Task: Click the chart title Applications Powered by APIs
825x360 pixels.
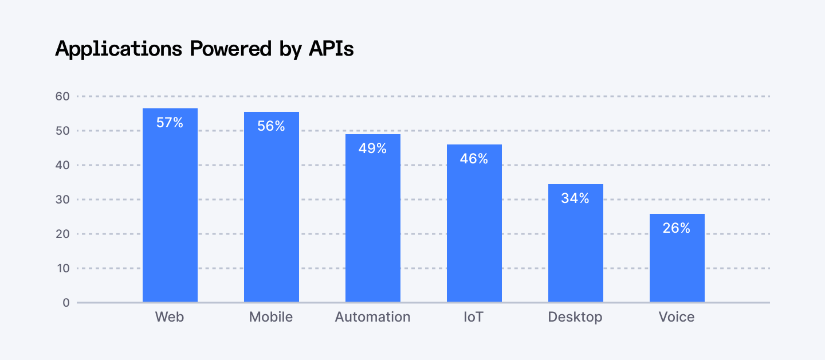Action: point(205,49)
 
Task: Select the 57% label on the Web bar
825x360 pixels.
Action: point(170,123)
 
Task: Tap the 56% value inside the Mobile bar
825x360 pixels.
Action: point(271,126)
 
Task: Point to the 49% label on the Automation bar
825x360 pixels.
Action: point(372,148)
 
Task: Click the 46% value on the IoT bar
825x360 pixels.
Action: point(474,159)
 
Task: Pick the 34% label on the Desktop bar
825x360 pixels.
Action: point(575,198)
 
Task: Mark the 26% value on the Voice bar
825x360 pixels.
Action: point(677,228)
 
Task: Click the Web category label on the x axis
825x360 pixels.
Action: point(170,317)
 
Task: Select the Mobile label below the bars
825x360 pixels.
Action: point(271,317)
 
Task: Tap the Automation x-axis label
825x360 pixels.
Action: point(372,317)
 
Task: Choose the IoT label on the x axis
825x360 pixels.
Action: point(474,317)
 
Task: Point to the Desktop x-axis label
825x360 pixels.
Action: point(575,317)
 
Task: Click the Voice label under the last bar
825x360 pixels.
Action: point(677,317)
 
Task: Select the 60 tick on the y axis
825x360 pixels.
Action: point(62,96)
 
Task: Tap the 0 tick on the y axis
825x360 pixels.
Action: point(66,303)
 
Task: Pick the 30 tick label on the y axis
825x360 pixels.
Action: point(62,199)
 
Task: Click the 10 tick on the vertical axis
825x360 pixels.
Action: point(62,268)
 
